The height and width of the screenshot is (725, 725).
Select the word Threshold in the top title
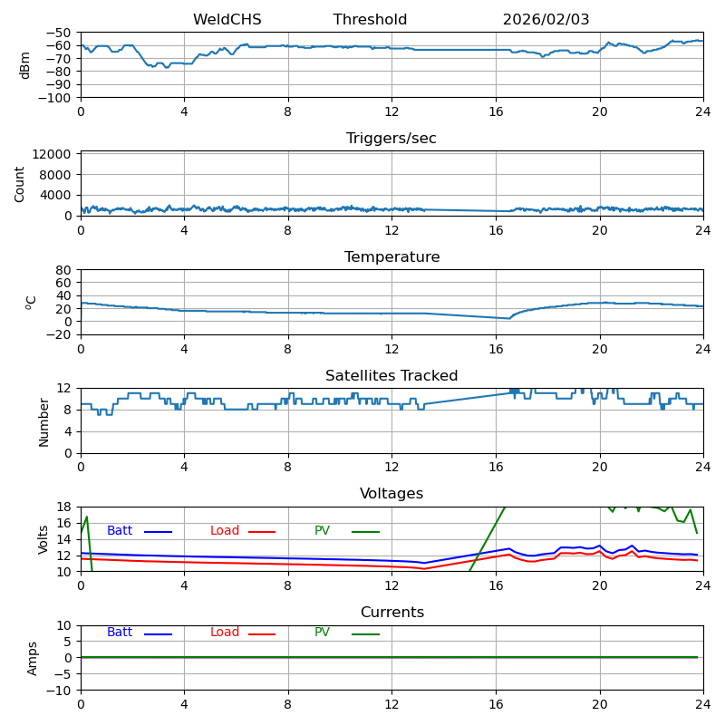coord(370,20)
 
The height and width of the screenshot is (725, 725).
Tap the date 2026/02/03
coord(546,20)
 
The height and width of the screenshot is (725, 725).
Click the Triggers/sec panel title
coord(391,139)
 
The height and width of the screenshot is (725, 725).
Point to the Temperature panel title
coord(391,257)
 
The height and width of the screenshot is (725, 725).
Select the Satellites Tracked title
coord(391,376)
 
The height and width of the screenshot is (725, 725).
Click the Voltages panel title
coord(391,494)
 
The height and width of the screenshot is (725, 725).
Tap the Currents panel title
coord(391,613)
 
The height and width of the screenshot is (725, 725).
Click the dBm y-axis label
coord(25,65)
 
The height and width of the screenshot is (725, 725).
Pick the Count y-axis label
coord(20,183)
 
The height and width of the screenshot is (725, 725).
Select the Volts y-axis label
coord(43,538)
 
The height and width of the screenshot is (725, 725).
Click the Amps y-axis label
coord(33,658)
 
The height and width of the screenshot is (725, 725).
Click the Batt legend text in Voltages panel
coord(120,531)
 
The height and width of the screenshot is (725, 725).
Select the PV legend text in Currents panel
coord(322,633)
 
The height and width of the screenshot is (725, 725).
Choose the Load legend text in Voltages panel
coord(225,531)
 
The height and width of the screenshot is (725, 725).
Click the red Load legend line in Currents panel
coord(262,633)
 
